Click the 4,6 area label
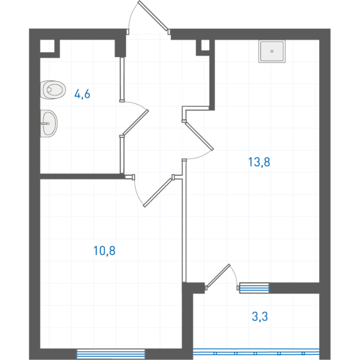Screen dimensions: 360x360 [82, 94]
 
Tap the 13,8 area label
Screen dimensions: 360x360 [259, 162]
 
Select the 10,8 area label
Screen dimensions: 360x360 [104, 250]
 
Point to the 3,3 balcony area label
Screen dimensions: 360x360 [260, 317]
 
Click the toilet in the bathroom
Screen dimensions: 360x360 [53, 90]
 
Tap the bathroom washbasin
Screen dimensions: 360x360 [49, 124]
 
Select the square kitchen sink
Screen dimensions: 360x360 [272, 51]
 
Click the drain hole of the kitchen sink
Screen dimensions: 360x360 [272, 51]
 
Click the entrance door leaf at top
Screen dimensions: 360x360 [153, 16]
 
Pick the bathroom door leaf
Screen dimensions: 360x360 [136, 122]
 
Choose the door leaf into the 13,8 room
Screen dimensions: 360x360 [199, 136]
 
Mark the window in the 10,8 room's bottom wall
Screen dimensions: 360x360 [111, 354]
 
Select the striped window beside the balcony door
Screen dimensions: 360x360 [254, 288]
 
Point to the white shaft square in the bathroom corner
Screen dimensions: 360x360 [47, 46]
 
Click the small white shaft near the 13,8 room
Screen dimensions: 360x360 [205, 45]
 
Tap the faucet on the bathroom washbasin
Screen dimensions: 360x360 [45, 124]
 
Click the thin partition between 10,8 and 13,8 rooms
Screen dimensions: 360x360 [184, 220]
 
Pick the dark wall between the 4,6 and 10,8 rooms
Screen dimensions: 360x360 [81, 176]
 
